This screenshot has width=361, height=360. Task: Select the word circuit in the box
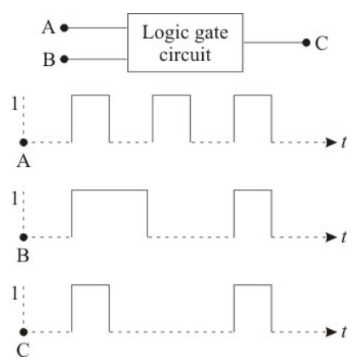[x=185, y=55]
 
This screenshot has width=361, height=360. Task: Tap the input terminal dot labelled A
[x=64, y=28]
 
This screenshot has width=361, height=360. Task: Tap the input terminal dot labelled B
[x=64, y=59]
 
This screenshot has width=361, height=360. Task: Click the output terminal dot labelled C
[x=306, y=42]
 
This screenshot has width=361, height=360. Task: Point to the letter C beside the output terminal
[x=321, y=43]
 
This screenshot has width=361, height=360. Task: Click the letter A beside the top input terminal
[x=48, y=28]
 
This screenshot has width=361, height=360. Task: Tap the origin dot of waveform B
[x=24, y=237]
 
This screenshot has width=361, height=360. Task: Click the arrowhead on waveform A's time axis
[x=331, y=143]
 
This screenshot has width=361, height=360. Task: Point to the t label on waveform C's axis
[x=344, y=331]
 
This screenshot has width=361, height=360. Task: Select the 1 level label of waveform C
[x=15, y=293]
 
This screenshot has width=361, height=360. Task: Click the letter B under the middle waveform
[x=23, y=256]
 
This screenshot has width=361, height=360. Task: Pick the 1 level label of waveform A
[x=15, y=103]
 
